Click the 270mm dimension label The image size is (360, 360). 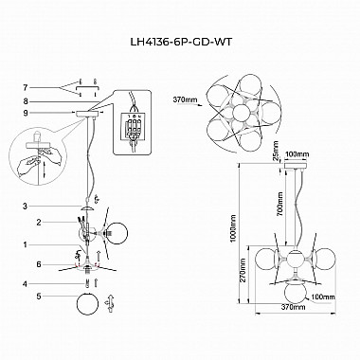click(x=245, y=273)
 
